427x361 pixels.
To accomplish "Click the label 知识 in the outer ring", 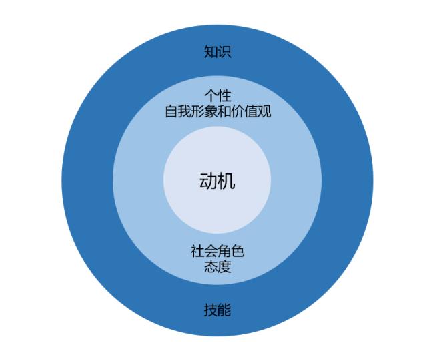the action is coord(218,52).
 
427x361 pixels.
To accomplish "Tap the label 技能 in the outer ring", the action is coord(218,310).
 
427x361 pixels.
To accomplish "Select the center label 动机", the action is coord(217,181).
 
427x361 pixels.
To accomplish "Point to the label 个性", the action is coord(218,95).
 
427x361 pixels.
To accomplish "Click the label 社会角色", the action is coord(218,251).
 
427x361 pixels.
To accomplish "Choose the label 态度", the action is coord(218,266).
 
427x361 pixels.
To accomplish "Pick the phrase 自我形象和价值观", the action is coord(218,111).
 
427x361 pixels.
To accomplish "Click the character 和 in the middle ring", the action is coord(224,111).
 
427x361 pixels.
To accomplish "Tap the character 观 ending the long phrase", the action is coord(264,111).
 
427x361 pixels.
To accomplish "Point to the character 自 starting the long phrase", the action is coord(171,111).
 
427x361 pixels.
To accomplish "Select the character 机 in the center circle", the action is coord(226,181).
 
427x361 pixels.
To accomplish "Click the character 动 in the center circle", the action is coord(208,181).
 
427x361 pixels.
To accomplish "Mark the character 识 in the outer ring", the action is coord(224,52).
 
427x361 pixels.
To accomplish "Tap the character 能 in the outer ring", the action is coord(224,310).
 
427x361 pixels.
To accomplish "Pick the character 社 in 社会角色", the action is coord(197,251).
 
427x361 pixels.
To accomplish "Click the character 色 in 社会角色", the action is coord(238,251).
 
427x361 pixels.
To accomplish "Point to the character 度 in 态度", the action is coord(224,266).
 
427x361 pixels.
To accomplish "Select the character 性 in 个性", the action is coord(224,95).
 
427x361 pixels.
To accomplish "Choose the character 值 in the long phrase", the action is coord(251,111).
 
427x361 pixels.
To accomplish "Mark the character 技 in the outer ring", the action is coord(211,310).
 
